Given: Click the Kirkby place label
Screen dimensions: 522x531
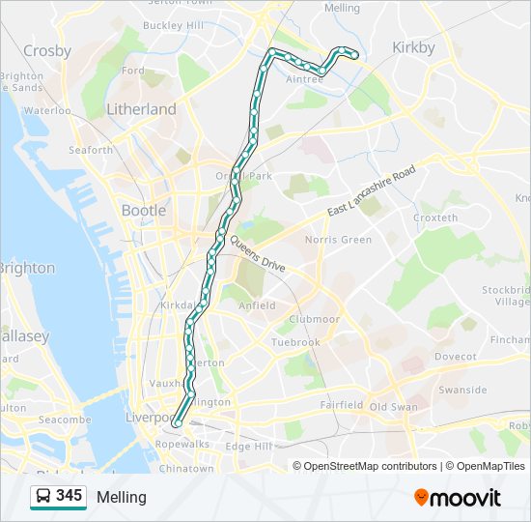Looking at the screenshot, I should point(413,47).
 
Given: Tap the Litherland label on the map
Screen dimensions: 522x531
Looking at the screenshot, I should point(141,109).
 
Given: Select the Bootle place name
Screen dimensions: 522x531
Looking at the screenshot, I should point(143,210).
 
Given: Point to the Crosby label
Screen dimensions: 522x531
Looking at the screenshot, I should point(46,51).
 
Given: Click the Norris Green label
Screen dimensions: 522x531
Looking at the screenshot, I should point(338,240).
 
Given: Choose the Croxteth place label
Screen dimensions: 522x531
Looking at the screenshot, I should point(434,218).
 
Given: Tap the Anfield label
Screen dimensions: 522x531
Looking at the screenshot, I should point(256,305).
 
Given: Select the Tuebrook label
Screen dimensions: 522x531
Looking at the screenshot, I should point(295,342).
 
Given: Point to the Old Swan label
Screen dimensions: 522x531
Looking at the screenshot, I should point(393,407).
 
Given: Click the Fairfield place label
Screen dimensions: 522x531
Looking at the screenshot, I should point(341,405).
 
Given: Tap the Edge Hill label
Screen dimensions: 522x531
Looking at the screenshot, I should point(249,446).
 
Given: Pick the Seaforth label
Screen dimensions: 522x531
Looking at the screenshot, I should point(91,150).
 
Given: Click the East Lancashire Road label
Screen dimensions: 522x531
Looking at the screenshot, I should point(371,191).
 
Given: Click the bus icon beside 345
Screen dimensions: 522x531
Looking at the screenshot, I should point(43,497).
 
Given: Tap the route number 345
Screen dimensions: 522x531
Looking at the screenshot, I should point(69,496).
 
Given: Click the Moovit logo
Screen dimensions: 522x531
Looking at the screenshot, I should point(458,497).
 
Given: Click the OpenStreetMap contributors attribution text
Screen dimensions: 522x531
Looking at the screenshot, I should point(371,466).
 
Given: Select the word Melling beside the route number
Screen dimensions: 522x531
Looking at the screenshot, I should point(122,497).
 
